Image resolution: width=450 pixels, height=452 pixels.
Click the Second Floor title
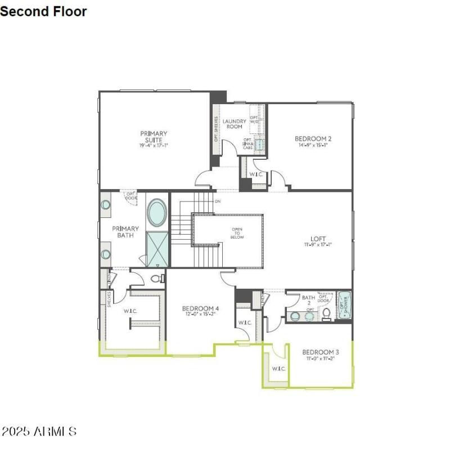[x=43, y=11]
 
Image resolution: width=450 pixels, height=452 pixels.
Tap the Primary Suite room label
[x=154, y=136]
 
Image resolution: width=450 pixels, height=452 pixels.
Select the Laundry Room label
[x=234, y=123]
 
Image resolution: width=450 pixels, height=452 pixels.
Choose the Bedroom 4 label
[x=200, y=308]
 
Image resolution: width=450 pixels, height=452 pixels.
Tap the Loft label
[x=318, y=239]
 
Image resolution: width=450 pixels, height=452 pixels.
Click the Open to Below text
[x=237, y=233]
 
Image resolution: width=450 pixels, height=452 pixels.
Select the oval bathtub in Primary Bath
[x=156, y=213]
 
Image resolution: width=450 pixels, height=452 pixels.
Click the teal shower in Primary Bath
[x=156, y=249]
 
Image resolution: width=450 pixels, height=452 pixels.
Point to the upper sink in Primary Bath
[x=106, y=205]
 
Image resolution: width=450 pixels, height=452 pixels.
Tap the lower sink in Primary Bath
[x=106, y=254]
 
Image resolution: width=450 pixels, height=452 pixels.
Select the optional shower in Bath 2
[x=343, y=306]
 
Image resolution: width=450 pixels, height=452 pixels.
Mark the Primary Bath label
[x=125, y=232]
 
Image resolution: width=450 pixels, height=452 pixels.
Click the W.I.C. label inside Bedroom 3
[x=279, y=369]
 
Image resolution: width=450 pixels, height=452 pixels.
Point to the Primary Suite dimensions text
[x=154, y=145]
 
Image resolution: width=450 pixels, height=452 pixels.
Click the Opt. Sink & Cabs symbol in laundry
[x=259, y=145]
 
